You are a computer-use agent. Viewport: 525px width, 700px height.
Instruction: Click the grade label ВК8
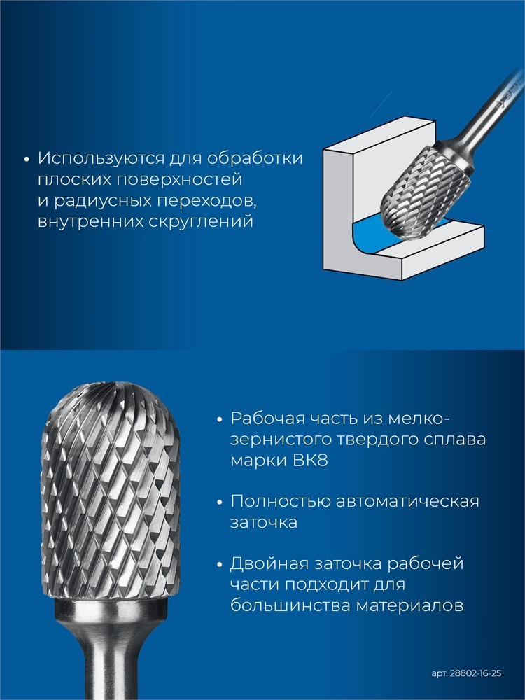coord(311,461)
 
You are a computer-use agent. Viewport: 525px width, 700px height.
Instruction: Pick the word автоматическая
coord(407,501)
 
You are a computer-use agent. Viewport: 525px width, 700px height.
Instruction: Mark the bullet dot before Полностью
coord(219,502)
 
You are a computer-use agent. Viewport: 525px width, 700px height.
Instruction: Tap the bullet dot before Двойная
coord(219,565)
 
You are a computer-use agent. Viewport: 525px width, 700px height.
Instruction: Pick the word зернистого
coord(280,440)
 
